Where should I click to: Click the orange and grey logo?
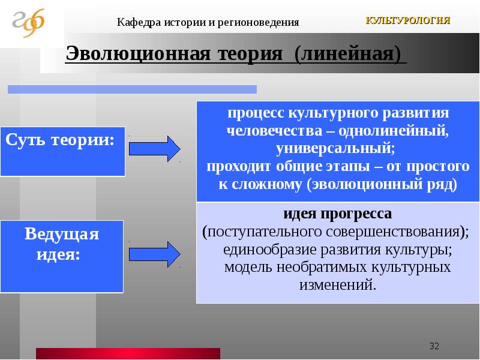28,23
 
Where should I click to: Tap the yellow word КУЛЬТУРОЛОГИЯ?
408,20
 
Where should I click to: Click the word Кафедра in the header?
139,22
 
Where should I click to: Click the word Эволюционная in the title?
138,53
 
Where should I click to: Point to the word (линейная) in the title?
347,54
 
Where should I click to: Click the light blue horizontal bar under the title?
132,89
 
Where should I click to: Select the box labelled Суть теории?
63,152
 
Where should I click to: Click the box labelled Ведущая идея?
62,257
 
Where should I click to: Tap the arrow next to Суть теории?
155,149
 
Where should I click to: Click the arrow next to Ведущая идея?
155,254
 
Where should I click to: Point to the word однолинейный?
394,131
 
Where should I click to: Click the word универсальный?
335,149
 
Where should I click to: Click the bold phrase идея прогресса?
337,214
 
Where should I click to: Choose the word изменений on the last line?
337,285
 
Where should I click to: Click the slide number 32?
434,346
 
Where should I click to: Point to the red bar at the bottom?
128,353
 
